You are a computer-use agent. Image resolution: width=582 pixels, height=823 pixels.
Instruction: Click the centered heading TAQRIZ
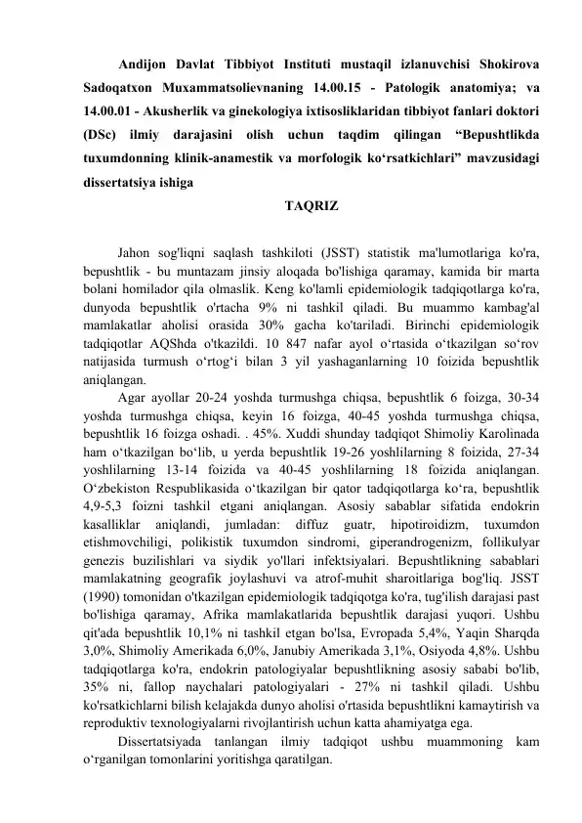click(312, 207)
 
